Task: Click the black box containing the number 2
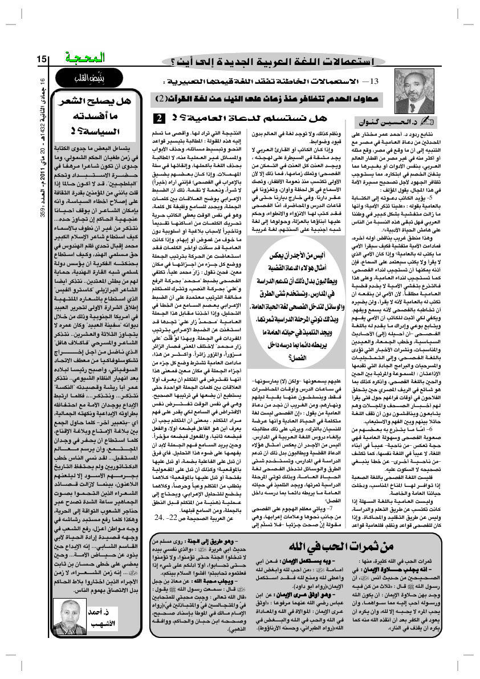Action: pyautogui.click(x=158, y=118)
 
